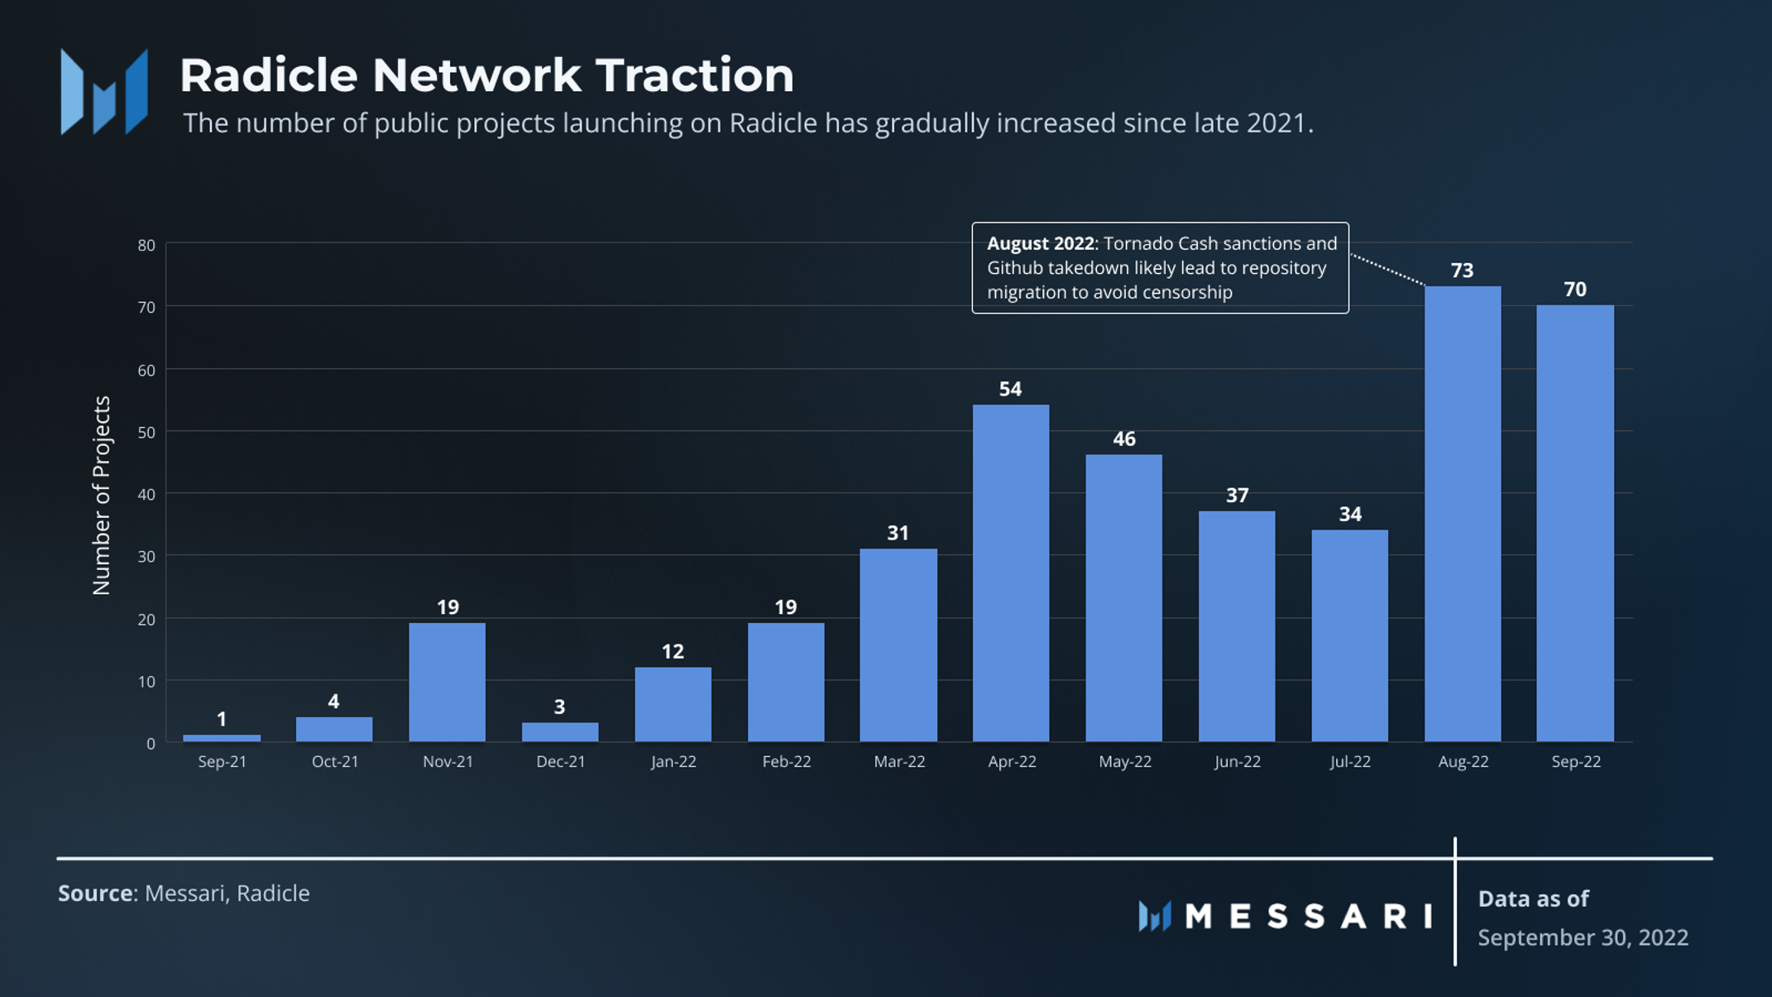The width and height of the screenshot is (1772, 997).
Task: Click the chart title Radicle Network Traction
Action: click(486, 75)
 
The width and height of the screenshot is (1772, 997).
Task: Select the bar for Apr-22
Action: click(1011, 573)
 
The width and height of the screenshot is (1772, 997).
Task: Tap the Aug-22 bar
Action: click(1463, 513)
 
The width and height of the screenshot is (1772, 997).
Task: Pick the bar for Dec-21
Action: click(560, 732)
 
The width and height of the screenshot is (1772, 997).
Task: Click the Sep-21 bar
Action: click(222, 737)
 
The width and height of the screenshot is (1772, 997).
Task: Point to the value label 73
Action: click(1462, 271)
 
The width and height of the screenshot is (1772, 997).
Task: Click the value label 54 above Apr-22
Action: click(1010, 389)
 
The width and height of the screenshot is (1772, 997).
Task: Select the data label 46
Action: click(1123, 439)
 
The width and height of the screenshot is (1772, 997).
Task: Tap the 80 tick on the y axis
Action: click(146, 245)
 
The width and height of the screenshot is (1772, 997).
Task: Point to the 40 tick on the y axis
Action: click(146, 495)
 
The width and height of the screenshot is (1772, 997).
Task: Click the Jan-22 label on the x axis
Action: click(673, 761)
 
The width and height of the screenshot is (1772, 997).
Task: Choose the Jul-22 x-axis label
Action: click(1350, 761)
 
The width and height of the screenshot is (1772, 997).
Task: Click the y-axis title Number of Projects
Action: click(101, 495)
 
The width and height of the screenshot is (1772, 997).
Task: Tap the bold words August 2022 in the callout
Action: click(1040, 243)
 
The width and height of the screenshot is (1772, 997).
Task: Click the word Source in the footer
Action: click(96, 894)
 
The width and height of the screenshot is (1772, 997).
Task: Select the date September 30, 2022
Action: click(1583, 937)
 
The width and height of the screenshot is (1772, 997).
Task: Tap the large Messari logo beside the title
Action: click(104, 91)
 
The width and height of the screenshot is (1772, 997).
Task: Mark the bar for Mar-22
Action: click(898, 645)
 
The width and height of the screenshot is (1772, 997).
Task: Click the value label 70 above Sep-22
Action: click(1575, 289)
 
